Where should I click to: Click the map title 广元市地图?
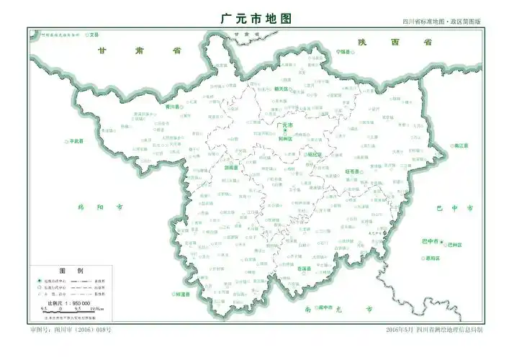pos(254,19)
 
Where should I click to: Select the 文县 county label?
pos(94,34)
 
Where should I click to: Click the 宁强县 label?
pos(343,53)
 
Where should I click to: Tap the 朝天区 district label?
pos(281,89)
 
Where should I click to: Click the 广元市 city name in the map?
pos(285,125)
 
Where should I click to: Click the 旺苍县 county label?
pos(352,171)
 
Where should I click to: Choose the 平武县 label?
pos(76,141)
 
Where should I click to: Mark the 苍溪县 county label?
pos(305,269)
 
